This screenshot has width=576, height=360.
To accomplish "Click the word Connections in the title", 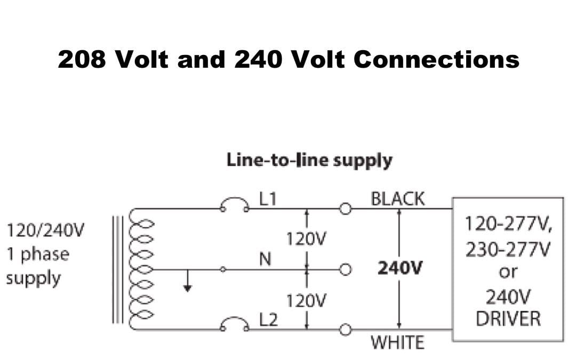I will click(x=436, y=59).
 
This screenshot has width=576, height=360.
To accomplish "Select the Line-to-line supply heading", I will click(x=309, y=160).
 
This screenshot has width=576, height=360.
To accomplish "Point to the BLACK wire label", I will click(x=398, y=199).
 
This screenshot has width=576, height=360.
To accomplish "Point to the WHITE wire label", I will click(x=398, y=342).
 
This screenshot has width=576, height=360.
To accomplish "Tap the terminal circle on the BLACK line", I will click(x=345, y=209).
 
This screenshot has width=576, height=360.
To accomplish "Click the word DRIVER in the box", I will click(x=508, y=319).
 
